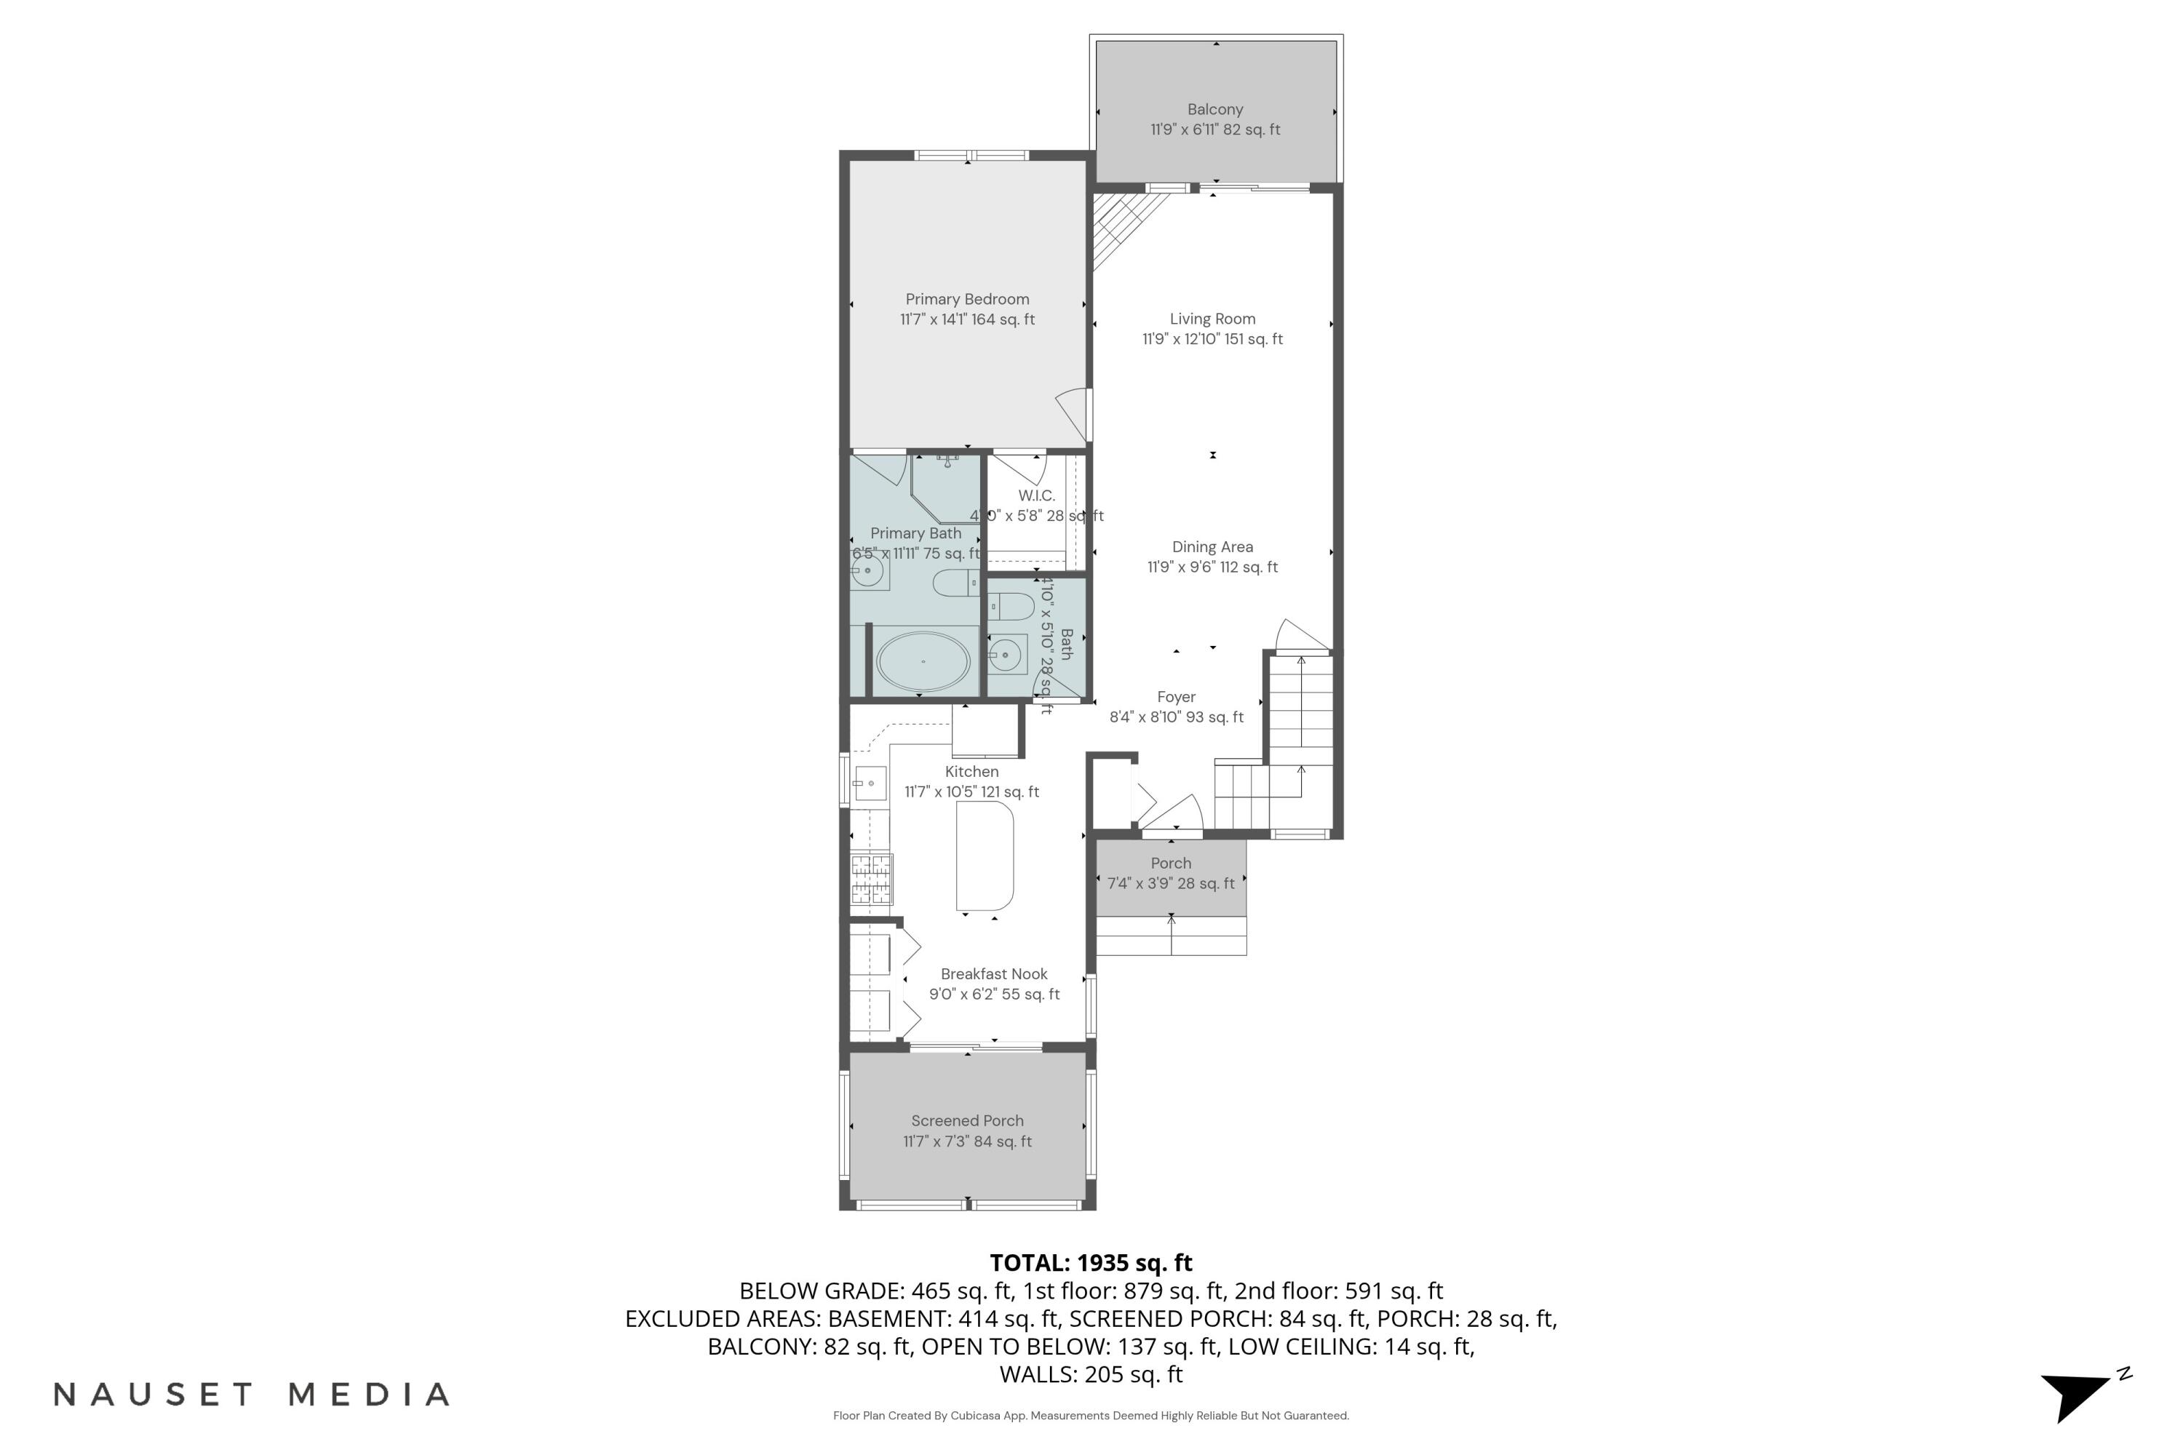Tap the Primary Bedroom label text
[x=966, y=299]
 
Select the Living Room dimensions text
[x=1212, y=340]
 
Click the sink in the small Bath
[x=1006, y=656]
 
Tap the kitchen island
[x=985, y=856]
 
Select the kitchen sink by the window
[x=870, y=784]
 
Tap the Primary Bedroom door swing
[x=1074, y=414]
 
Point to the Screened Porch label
[x=966, y=1121]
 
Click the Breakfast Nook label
[x=993, y=974]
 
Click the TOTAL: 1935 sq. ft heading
[x=1091, y=1263]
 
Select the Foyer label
[x=1175, y=697]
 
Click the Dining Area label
[x=1212, y=548]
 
